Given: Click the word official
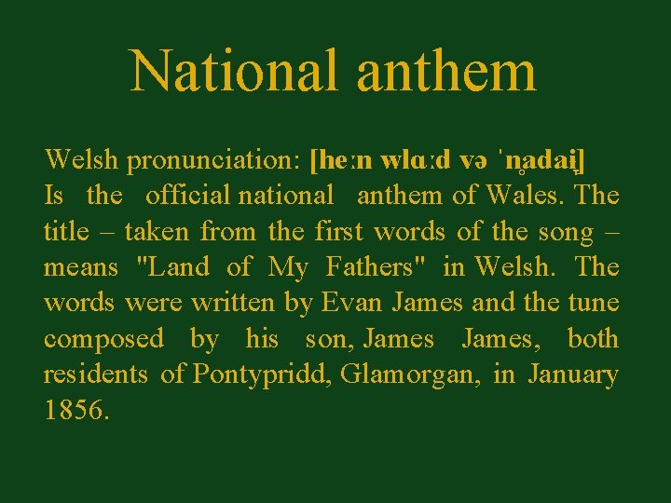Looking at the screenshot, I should (187, 196).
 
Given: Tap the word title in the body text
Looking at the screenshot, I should (66, 231).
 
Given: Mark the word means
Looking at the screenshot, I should (81, 267).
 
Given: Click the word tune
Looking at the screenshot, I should (592, 303).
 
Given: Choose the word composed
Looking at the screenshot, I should (103, 339).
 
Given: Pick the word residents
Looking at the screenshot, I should (95, 374).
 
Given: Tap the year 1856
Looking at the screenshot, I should (75, 411).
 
